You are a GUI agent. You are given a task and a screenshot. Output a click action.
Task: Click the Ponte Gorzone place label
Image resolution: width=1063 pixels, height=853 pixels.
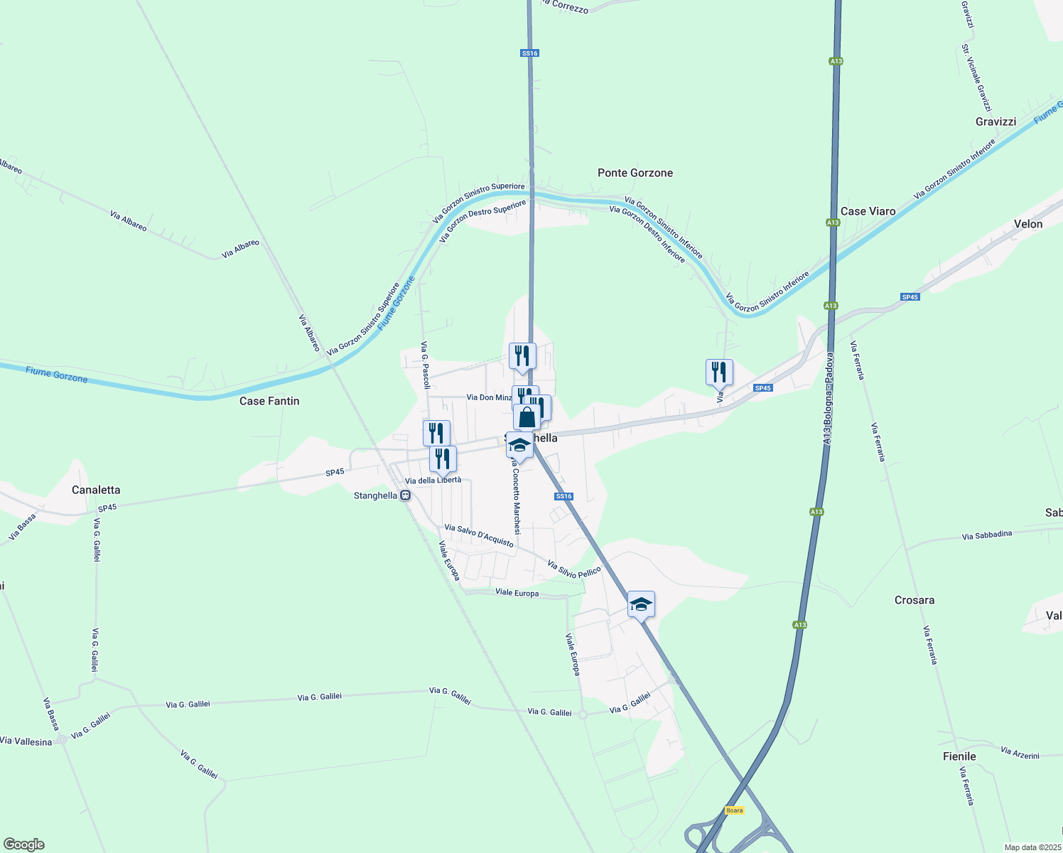(x=635, y=173)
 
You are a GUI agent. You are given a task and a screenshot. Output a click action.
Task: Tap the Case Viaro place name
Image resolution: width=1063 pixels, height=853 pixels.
(x=868, y=211)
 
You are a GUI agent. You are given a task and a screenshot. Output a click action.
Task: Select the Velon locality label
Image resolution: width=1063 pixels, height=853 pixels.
(x=1027, y=224)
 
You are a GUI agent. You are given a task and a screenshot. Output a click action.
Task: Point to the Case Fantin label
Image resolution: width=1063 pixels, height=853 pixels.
(x=269, y=401)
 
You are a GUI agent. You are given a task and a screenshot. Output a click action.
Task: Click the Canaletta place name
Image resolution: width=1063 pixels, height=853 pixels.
(x=96, y=490)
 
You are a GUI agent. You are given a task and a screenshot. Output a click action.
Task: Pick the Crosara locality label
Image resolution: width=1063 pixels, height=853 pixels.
(x=914, y=600)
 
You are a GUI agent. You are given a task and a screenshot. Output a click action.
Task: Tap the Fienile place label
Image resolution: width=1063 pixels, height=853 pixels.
(x=959, y=756)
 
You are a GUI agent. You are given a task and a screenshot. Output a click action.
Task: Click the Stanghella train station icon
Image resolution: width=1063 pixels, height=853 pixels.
(x=405, y=495)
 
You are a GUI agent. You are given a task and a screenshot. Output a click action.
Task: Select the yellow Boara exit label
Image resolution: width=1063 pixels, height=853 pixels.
(x=734, y=810)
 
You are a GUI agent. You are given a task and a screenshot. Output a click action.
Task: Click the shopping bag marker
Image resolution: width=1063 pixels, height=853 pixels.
(x=527, y=417)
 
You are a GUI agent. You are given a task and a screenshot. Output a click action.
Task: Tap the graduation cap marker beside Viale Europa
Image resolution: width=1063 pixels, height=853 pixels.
(x=641, y=605)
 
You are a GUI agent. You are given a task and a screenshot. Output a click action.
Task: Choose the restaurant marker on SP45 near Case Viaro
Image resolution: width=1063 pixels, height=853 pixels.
(x=719, y=372)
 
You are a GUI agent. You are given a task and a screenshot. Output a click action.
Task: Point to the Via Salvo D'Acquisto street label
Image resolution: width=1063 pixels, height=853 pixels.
(x=479, y=536)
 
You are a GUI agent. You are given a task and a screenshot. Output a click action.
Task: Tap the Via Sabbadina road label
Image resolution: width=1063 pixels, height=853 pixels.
(x=986, y=535)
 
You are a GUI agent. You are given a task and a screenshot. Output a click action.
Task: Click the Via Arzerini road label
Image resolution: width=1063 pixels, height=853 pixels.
(x=1020, y=752)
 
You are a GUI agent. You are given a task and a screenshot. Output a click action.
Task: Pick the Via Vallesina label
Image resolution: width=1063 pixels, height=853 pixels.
(x=26, y=741)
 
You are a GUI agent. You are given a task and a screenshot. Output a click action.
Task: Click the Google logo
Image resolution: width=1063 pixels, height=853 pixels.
(x=23, y=844)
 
